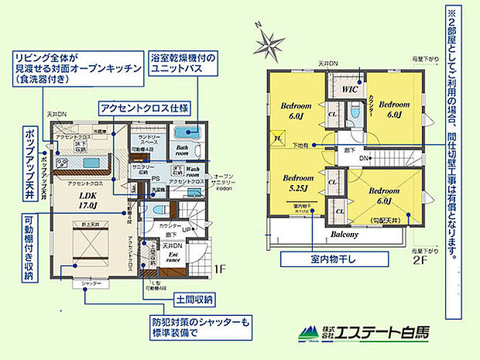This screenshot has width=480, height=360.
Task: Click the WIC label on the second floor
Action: pyautogui.click(x=346, y=90)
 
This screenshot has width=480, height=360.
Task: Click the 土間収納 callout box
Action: pyautogui.click(x=188, y=298)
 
